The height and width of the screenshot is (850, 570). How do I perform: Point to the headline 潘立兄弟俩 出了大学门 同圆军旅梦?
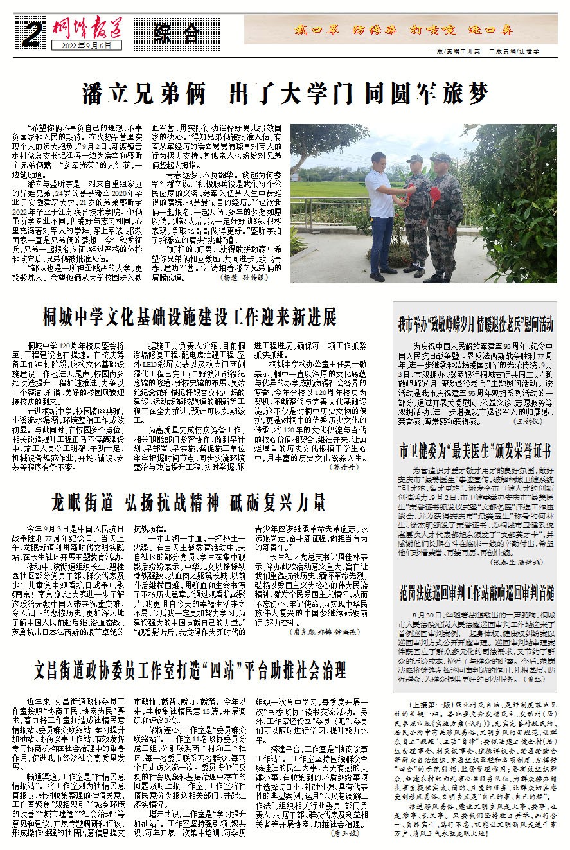click(285, 94)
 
